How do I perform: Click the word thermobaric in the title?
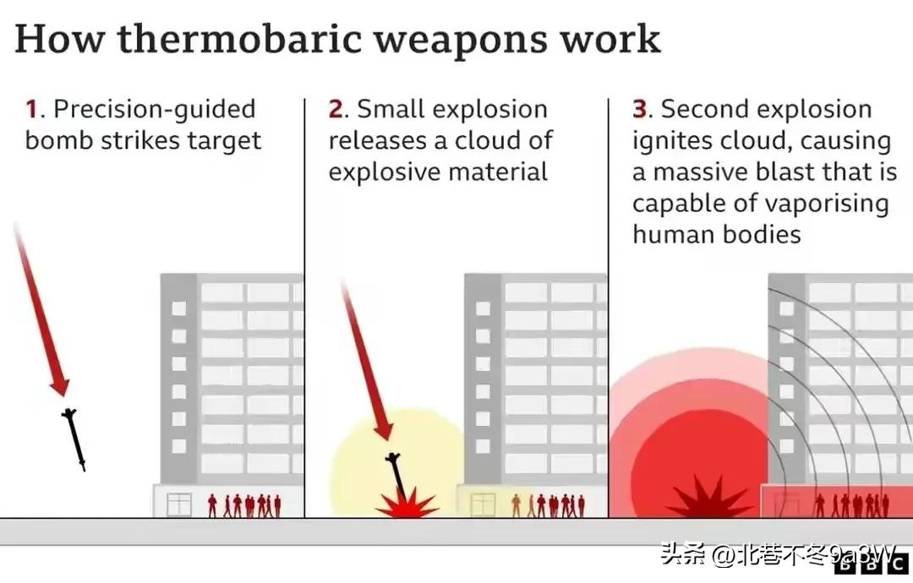coord(240,39)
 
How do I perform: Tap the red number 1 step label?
coord(31,109)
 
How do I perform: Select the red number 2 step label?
coord(336,109)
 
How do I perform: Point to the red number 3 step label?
coord(640,109)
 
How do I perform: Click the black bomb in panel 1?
coord(74,439)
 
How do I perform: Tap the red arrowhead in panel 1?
coord(59,385)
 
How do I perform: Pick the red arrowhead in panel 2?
coord(384,431)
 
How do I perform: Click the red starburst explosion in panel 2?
coord(407,504)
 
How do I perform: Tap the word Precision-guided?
coord(155,110)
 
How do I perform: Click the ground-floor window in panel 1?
coord(178,504)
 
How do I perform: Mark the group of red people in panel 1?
coord(244,505)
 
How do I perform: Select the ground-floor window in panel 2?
coord(483,504)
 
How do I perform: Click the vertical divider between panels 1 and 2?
coord(304,308)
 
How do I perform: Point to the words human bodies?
coord(717,235)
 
